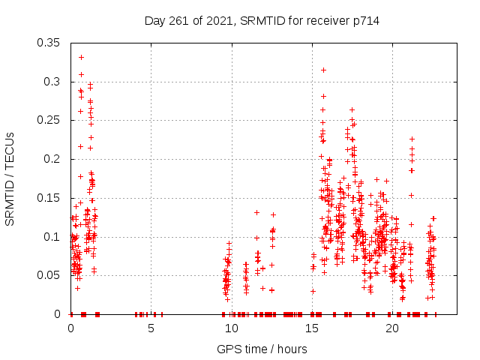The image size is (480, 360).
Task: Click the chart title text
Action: point(262,21)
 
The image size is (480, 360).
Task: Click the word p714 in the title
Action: point(364,21)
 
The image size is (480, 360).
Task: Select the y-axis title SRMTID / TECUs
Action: point(10,178)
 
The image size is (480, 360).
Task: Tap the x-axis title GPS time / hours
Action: point(262,349)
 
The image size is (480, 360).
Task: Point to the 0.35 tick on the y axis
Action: point(49,42)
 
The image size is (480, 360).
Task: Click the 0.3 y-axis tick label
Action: point(53,81)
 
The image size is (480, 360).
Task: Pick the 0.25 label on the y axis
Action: point(49,120)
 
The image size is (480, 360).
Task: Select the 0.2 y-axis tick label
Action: point(53,159)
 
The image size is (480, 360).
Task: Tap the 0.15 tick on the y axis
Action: point(49,198)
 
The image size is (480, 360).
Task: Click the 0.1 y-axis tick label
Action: point(53,237)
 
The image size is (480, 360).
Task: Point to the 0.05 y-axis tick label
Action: point(49,275)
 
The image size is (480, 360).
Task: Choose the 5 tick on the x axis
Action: point(151,328)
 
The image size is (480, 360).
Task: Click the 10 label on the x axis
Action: point(231,328)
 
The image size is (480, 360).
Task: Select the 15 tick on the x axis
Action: point(312,328)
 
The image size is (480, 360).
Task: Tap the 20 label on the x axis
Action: point(392,328)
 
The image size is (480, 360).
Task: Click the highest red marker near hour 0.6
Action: point(81,57)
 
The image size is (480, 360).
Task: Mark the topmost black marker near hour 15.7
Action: point(323,70)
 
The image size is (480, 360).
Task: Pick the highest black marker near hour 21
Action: point(412,139)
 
